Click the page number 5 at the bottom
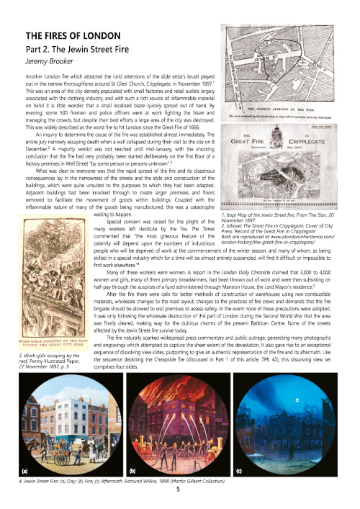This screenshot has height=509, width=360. [178, 489]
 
